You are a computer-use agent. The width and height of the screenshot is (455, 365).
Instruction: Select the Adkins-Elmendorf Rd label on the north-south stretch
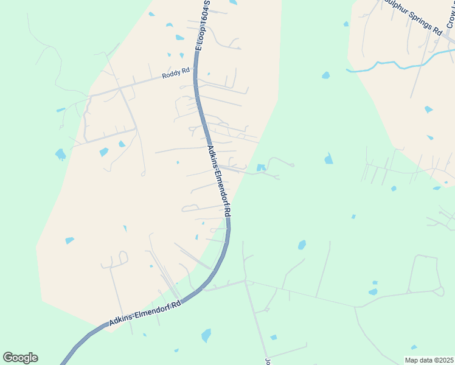click(x=218, y=181)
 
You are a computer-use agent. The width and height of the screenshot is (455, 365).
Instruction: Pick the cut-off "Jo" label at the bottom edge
click(x=266, y=361)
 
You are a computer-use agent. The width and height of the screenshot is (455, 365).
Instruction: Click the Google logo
click(x=20, y=358)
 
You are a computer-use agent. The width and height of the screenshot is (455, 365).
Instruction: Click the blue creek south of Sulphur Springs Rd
click(x=389, y=64)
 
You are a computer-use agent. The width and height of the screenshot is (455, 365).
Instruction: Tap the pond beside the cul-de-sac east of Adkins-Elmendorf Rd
click(x=261, y=167)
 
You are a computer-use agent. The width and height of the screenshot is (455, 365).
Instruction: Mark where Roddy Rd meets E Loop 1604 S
click(x=196, y=74)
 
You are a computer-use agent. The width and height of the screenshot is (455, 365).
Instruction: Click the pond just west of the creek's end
click(x=325, y=75)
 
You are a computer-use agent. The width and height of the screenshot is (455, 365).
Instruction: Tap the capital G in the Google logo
click(x=9, y=358)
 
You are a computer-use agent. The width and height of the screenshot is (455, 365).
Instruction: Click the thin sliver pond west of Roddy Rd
click(x=61, y=110)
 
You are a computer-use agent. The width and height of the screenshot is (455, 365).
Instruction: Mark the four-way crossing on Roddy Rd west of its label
click(x=120, y=89)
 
